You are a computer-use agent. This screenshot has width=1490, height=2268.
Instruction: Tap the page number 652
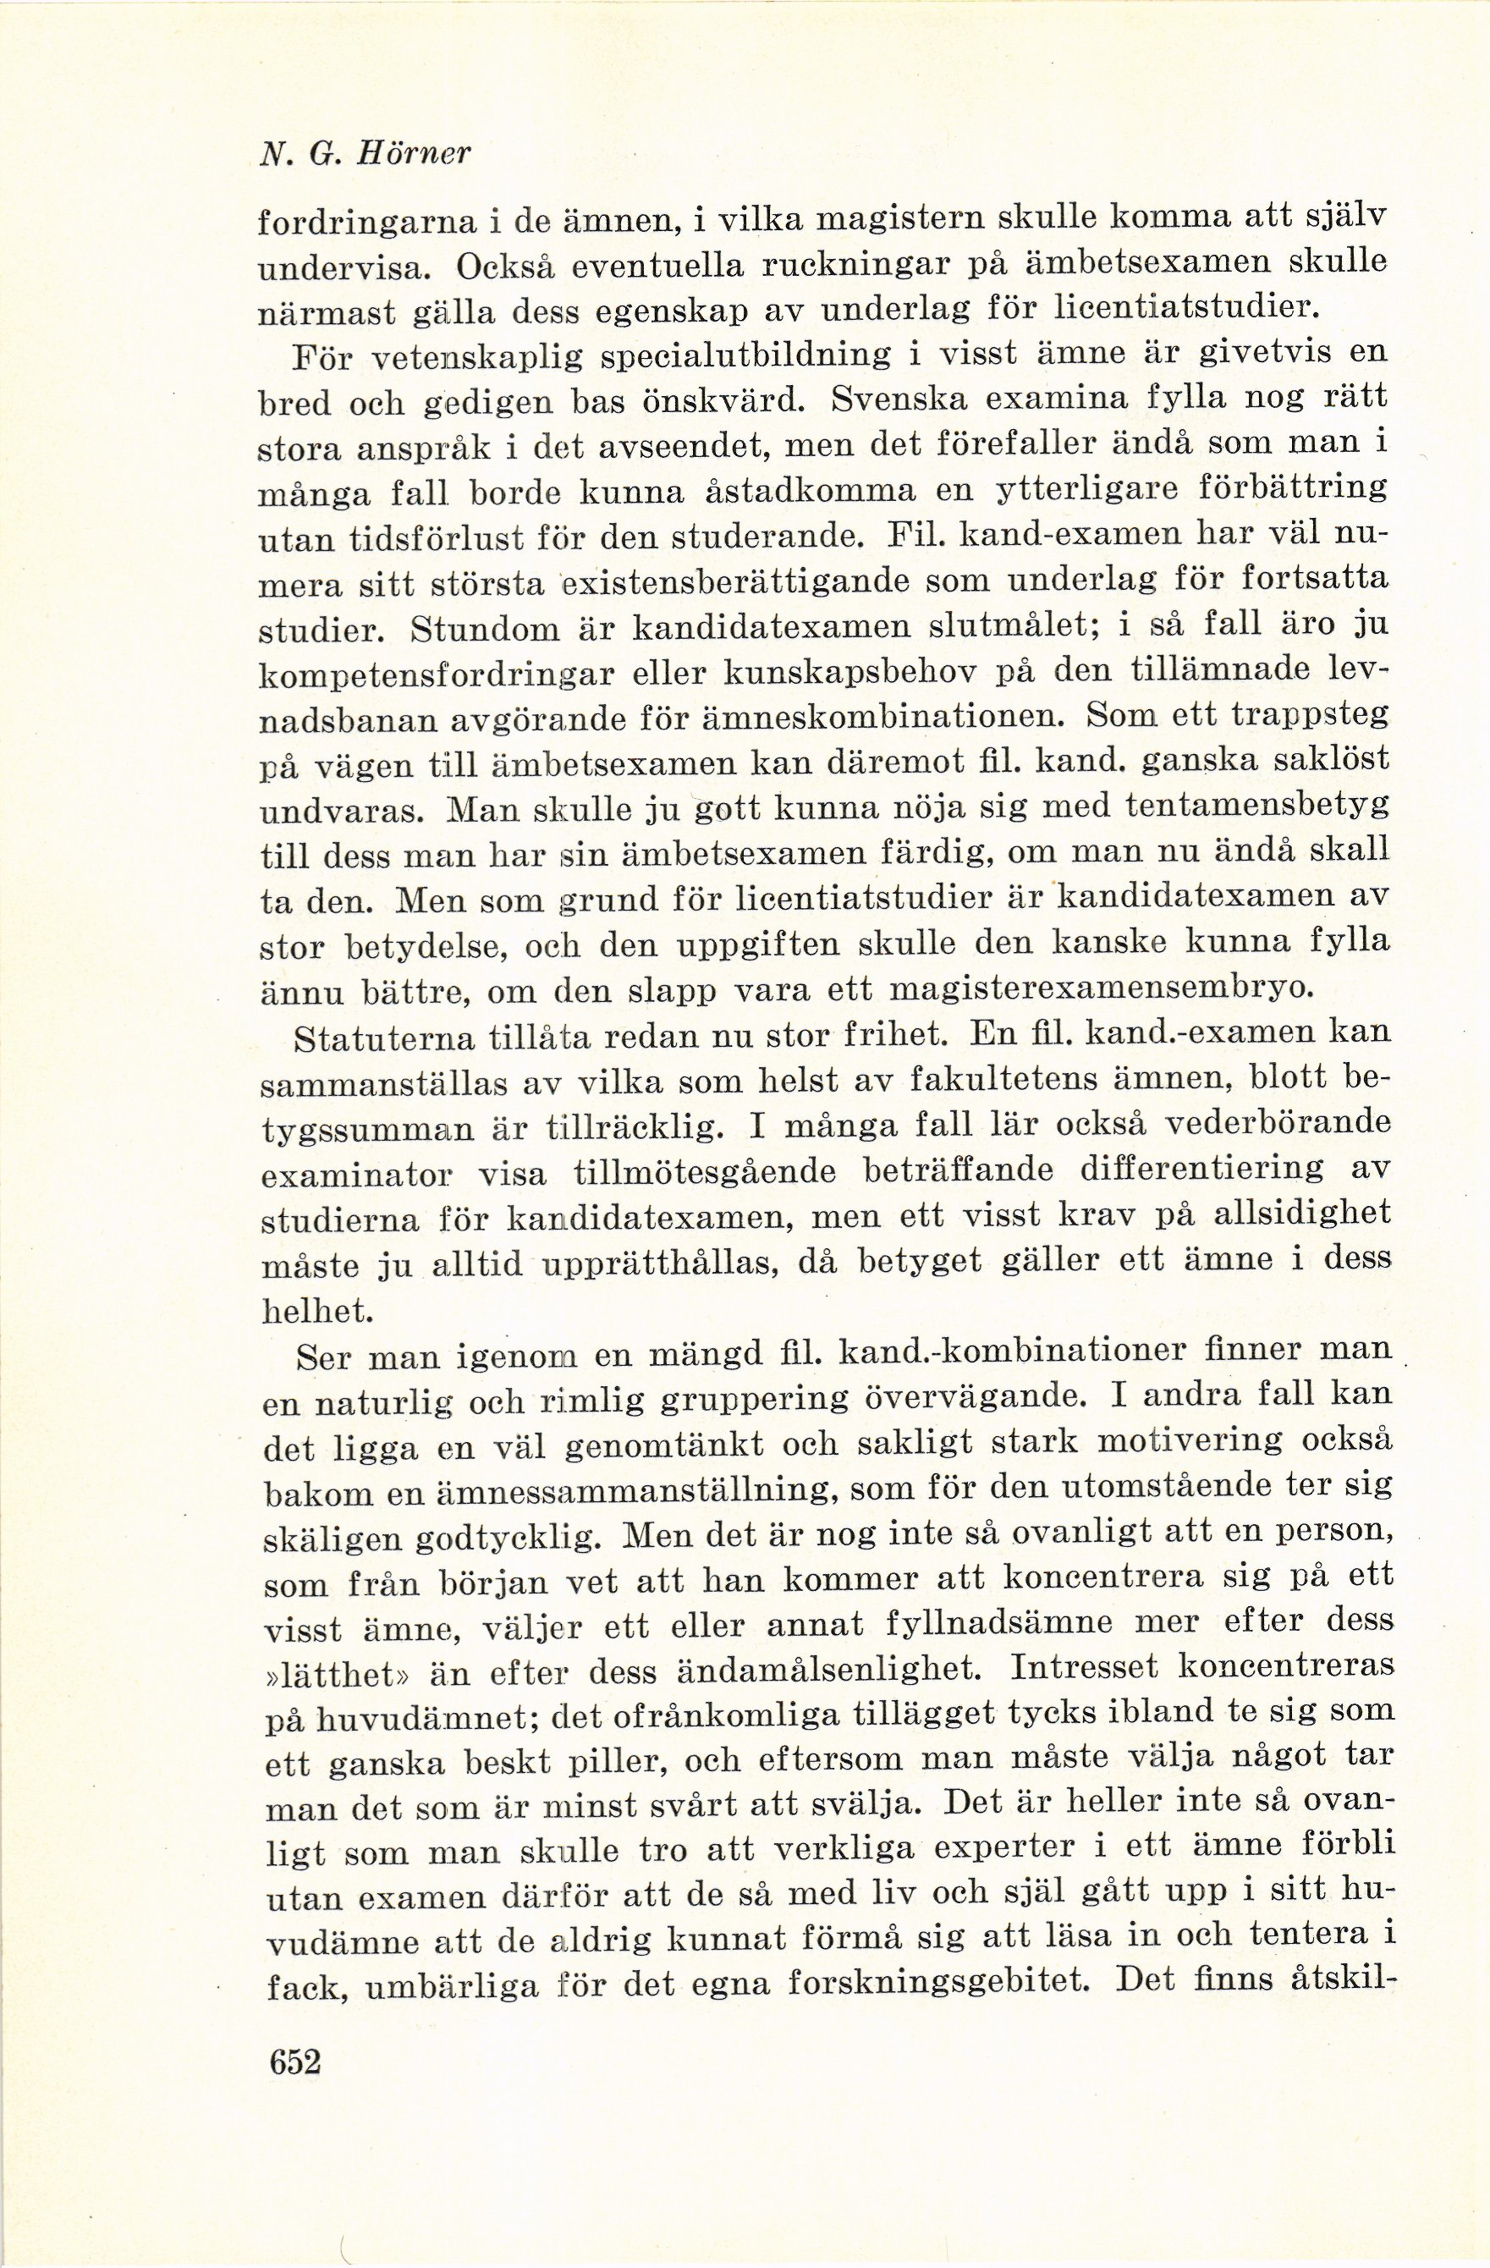[x=296, y=2035]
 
